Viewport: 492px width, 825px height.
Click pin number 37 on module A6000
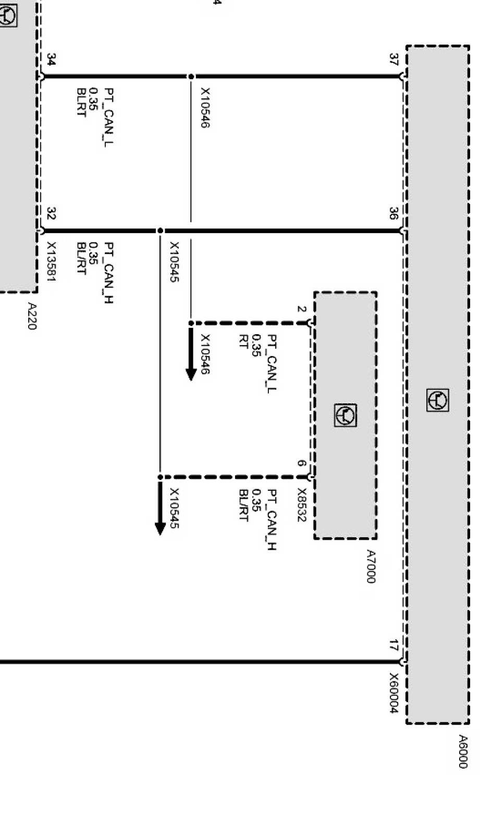394,59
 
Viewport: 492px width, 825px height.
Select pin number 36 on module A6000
394,213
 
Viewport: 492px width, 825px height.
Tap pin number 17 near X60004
394,645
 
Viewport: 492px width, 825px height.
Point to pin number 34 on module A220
51,59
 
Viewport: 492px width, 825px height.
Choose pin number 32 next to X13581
51,213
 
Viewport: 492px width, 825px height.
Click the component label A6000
463,751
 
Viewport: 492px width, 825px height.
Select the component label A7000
371,566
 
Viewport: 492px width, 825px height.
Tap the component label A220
32,316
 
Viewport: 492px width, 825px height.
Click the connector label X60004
394,693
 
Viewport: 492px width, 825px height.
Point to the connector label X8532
301,504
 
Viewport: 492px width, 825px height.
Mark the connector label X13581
51,261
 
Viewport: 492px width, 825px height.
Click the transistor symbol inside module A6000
437,400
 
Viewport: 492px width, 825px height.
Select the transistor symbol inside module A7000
346,415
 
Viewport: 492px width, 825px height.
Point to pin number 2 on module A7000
301,309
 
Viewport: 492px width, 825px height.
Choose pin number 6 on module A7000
301,463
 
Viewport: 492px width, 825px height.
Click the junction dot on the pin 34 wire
191,77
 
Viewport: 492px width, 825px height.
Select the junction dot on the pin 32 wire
160,231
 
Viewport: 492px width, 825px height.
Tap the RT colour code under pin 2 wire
243,341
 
